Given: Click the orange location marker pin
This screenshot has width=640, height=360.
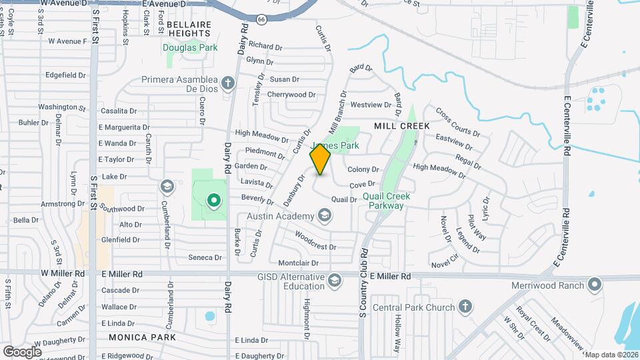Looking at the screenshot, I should [x=320, y=159].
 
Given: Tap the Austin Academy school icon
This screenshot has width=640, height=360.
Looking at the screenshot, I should [x=325, y=215].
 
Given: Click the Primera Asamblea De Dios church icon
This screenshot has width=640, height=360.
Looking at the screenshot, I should [x=228, y=83].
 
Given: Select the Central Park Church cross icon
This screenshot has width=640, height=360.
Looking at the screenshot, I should [x=465, y=307].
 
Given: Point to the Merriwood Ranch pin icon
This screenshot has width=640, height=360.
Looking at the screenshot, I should [x=595, y=285].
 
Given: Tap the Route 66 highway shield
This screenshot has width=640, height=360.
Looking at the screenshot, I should [x=261, y=19].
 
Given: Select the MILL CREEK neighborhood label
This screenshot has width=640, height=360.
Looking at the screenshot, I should [x=401, y=125].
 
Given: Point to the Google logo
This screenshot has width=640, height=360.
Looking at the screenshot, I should [x=22, y=351].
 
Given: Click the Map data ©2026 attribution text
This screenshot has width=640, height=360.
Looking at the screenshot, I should [x=611, y=355].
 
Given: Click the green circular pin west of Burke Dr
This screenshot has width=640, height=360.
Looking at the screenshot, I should [x=213, y=199].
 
